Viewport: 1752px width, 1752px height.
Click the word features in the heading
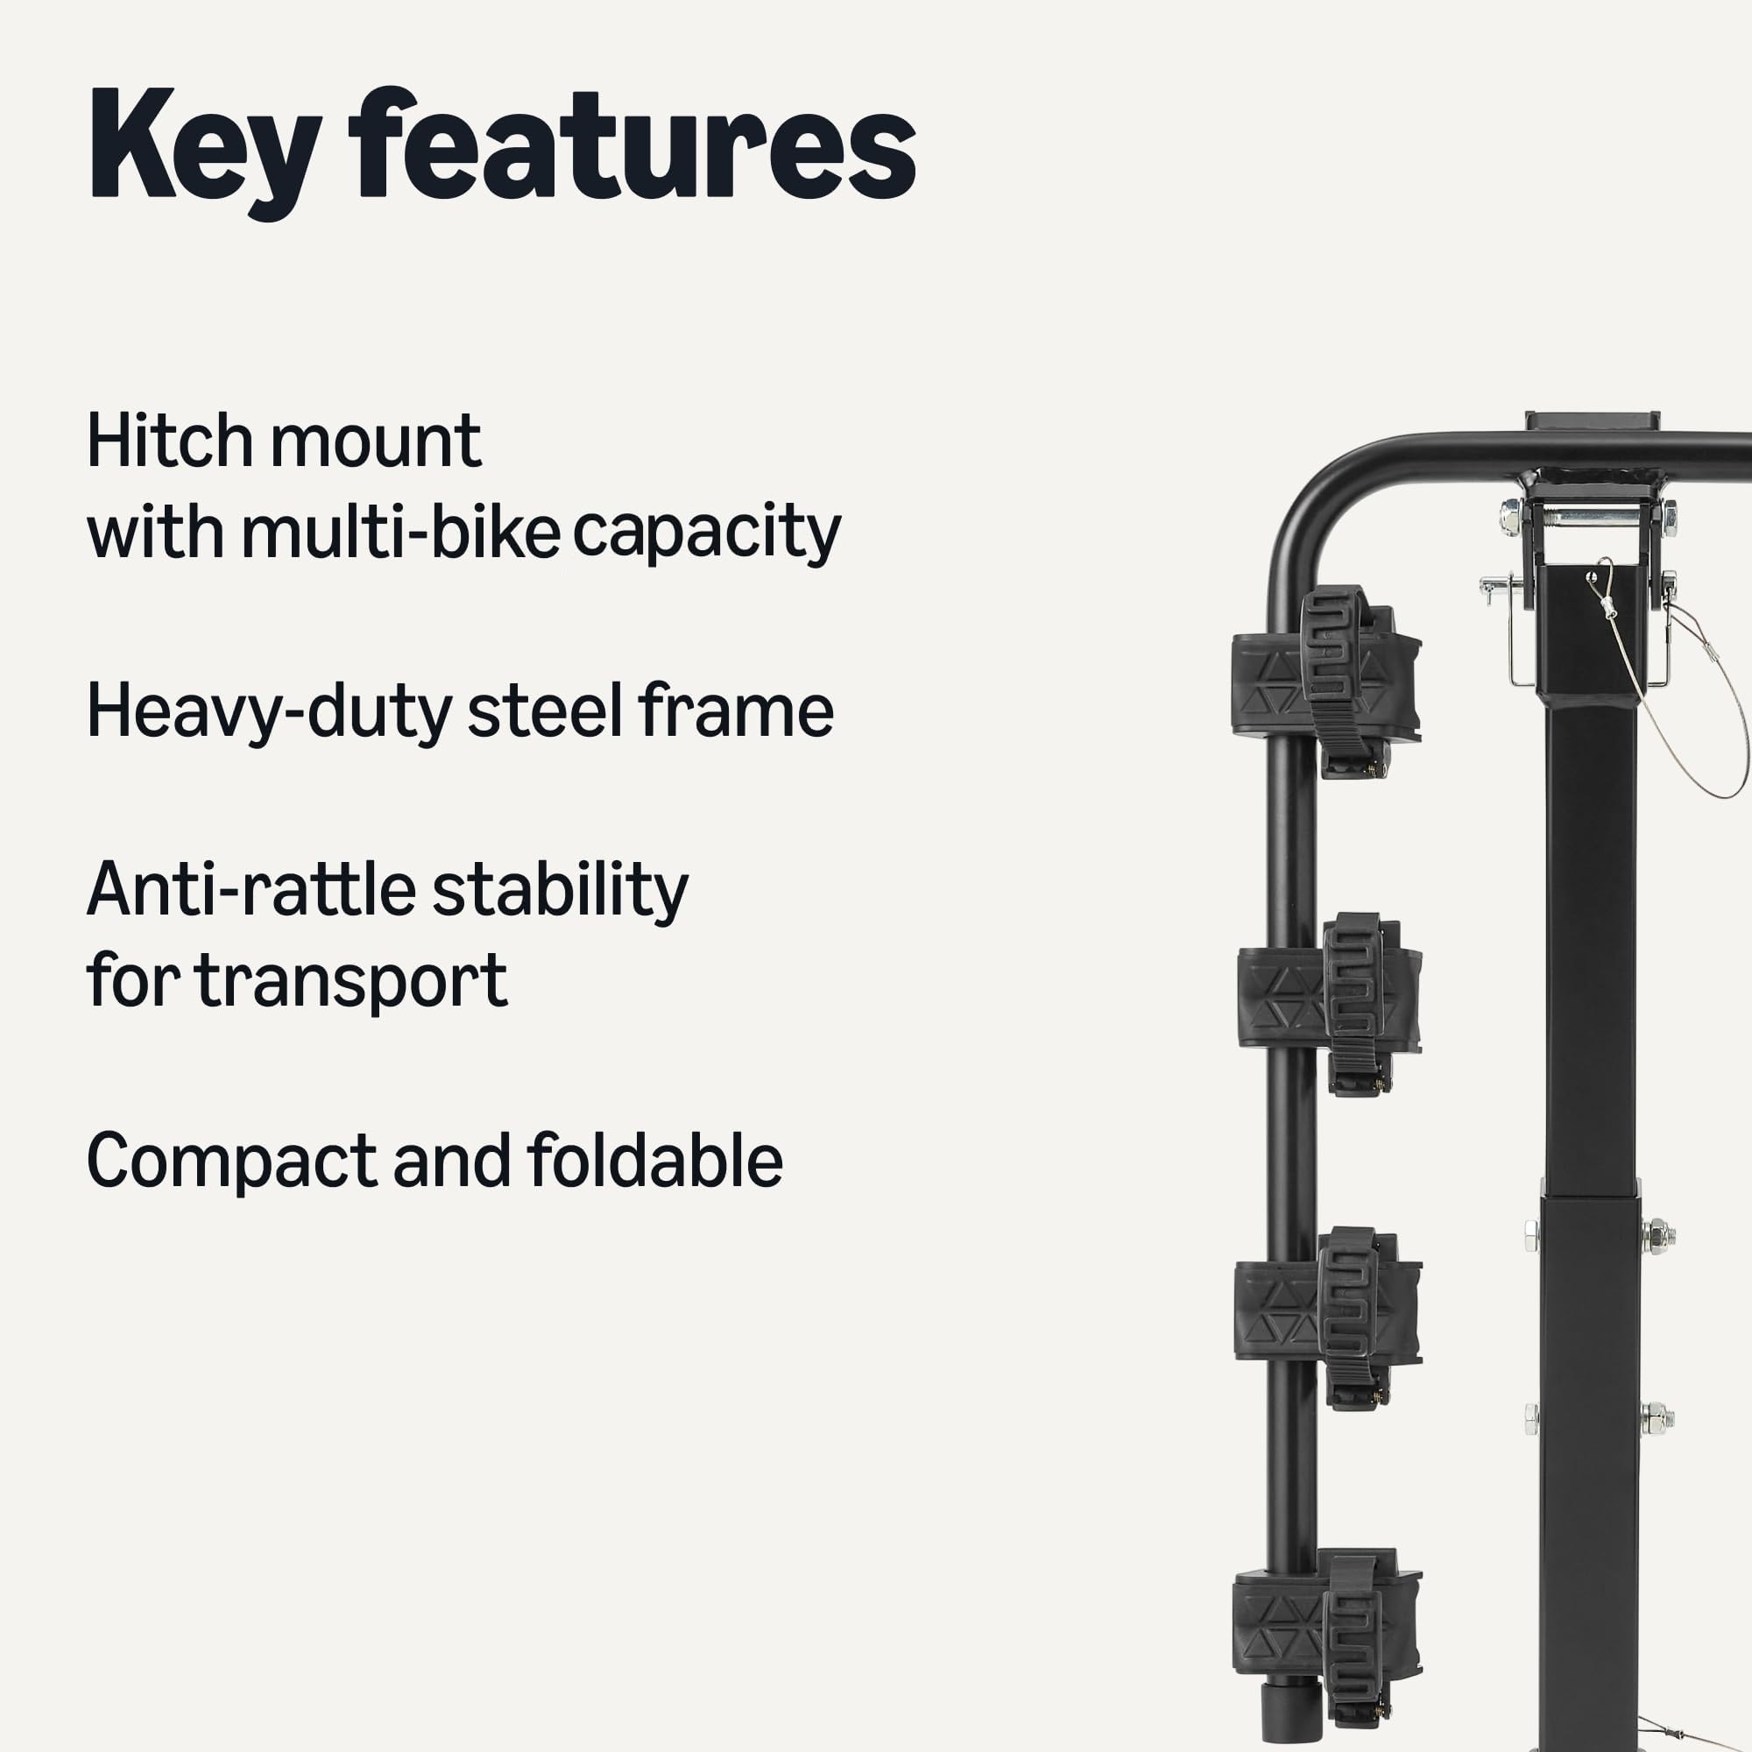pyautogui.click(x=631, y=145)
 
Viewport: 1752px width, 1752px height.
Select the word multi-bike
pyautogui.click(x=399, y=533)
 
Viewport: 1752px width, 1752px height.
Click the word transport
pyautogui.click(x=351, y=981)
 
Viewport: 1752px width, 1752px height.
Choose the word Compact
pyautogui.click(x=230, y=1161)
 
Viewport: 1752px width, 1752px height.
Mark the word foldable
pyautogui.click(x=653, y=1161)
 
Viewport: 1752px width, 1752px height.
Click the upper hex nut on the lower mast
pyautogui.click(x=1657, y=1235)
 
